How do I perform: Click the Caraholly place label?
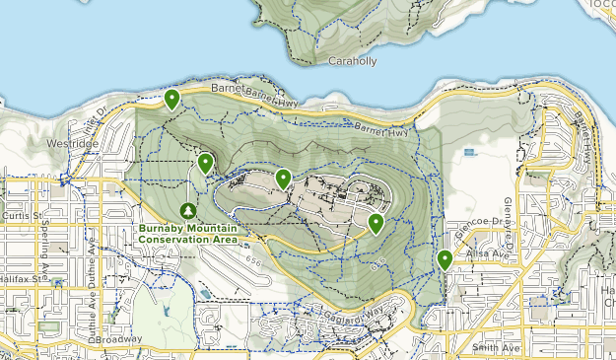tap(351, 60)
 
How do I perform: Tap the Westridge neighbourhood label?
tap(72, 143)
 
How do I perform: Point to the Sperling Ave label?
tap(45, 254)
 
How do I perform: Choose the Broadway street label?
tap(121, 339)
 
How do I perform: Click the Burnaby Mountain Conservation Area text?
tap(187, 234)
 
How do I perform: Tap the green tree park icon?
tap(188, 211)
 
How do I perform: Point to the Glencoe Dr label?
tap(477, 234)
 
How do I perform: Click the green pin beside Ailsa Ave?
tap(445, 259)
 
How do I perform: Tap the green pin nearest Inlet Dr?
tap(172, 99)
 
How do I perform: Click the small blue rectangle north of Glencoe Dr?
tap(468, 152)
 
